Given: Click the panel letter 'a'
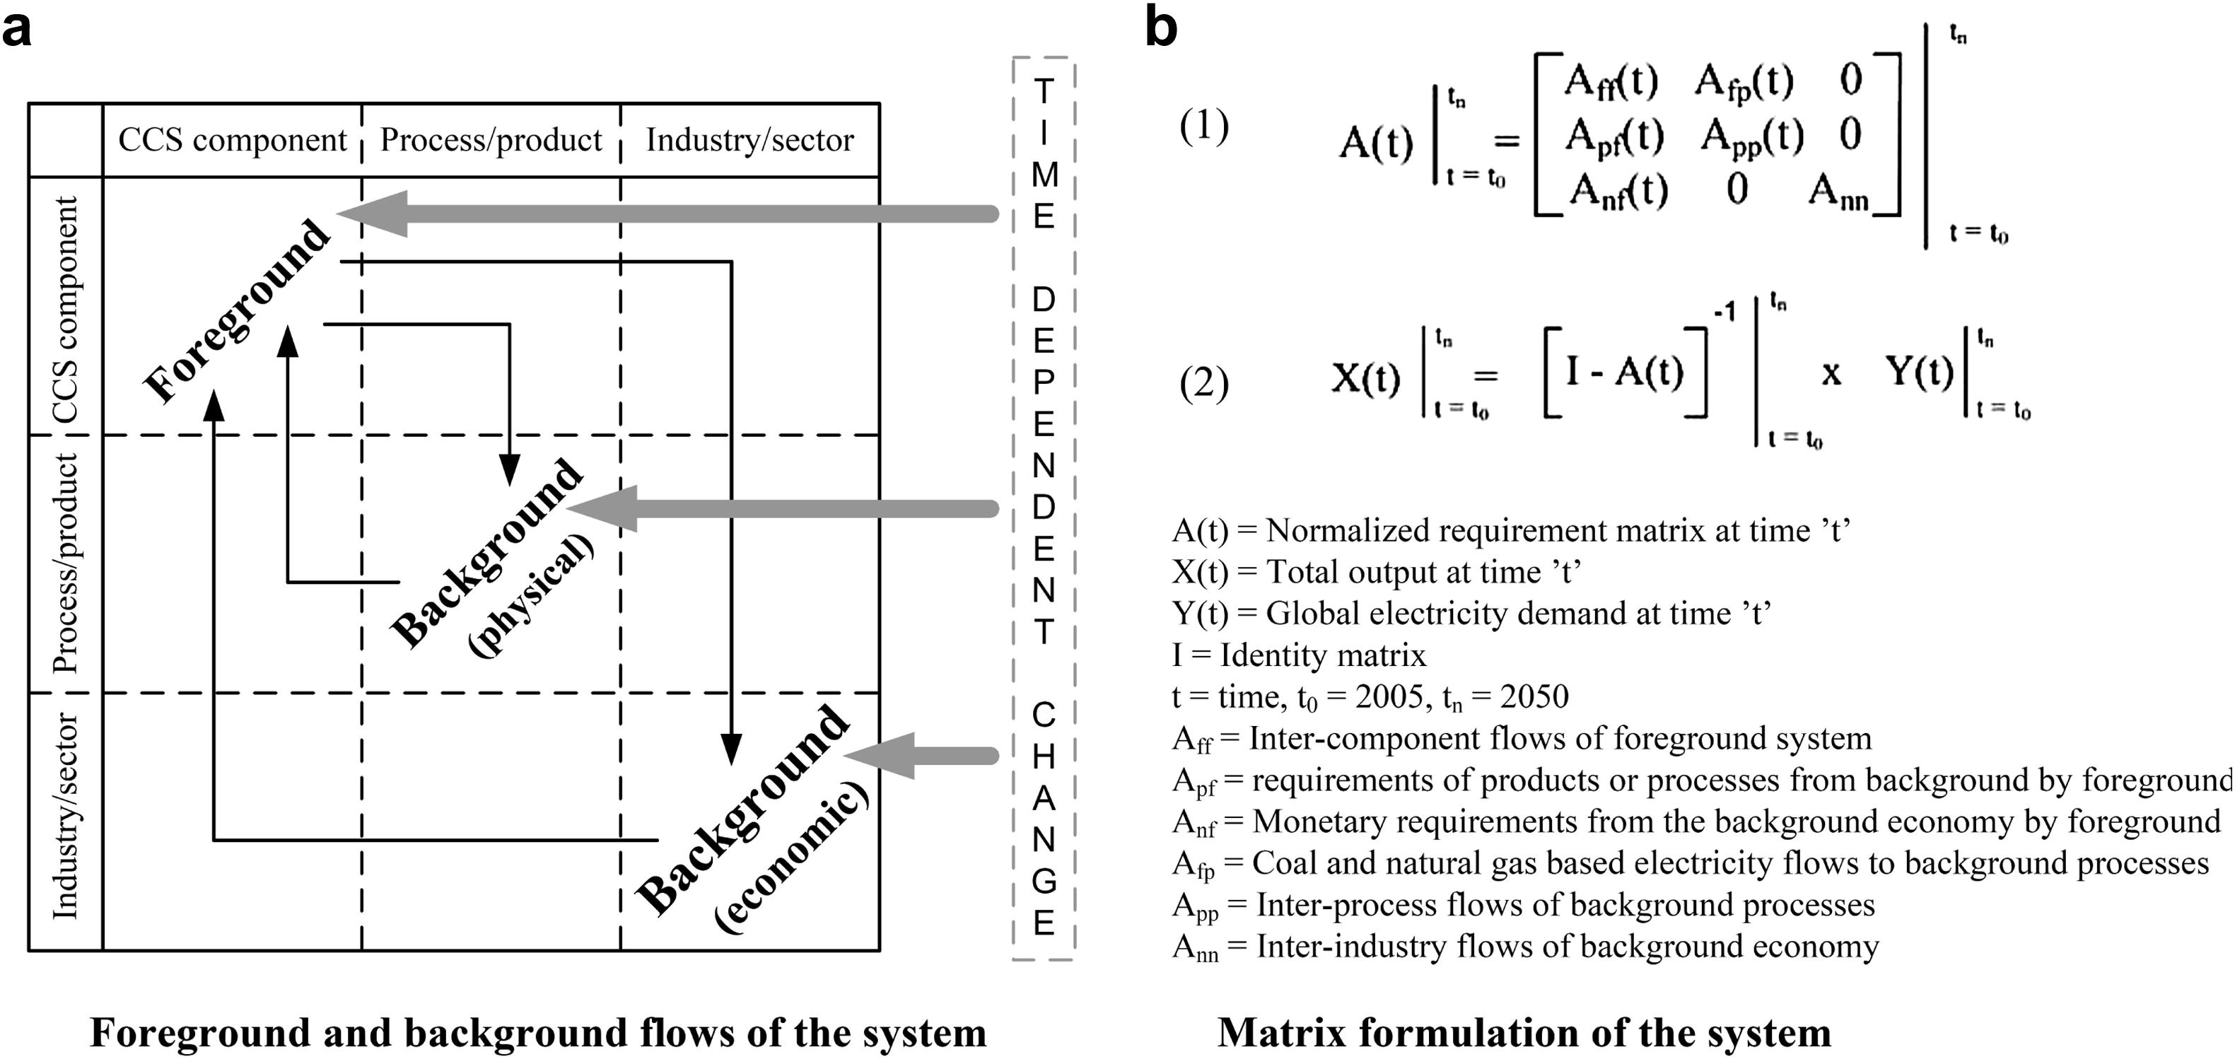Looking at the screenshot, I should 18,31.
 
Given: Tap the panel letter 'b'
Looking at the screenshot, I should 1161,28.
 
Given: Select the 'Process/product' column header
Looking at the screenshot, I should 491,140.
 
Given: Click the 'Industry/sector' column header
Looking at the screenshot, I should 749,140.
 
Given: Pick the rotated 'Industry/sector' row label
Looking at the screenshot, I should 65,815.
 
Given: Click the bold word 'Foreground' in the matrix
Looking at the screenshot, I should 236,310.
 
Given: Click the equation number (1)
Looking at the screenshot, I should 1203,127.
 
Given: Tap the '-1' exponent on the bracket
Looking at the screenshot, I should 1724,311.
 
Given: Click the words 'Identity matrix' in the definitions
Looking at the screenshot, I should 1322,655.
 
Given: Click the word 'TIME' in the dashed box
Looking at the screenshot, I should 1044,153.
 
